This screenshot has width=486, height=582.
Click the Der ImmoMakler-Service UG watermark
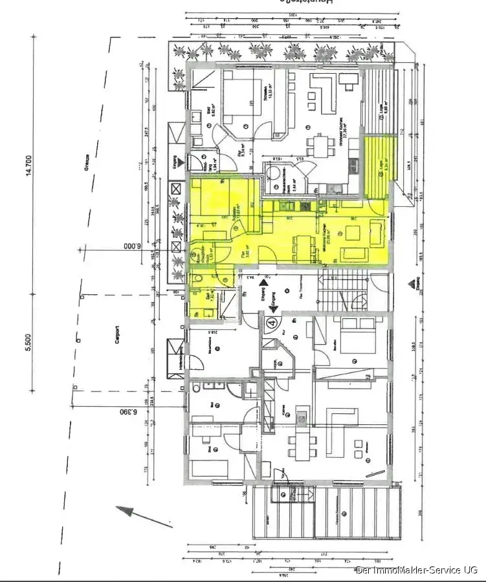click(x=417, y=570)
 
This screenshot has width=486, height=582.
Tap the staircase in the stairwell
click(x=343, y=295)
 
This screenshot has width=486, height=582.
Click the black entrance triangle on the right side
click(x=412, y=283)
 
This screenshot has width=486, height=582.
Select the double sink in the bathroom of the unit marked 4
click(x=212, y=386)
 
